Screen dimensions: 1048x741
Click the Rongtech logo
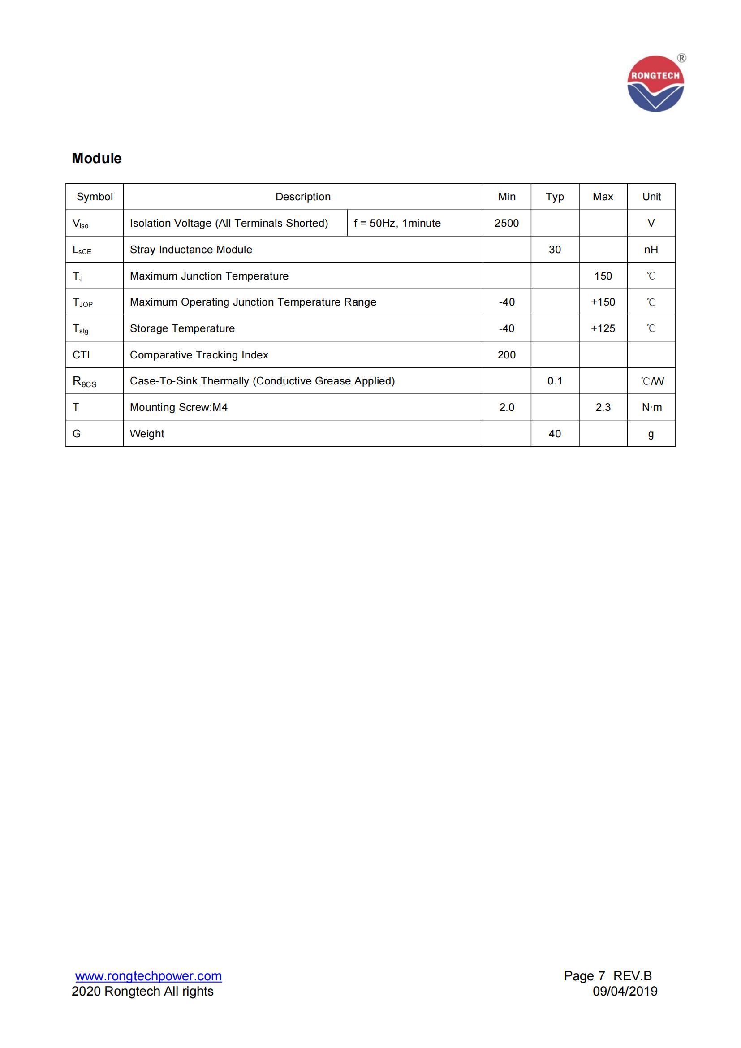655,83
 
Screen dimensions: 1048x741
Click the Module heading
97,158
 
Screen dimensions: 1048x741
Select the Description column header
303,197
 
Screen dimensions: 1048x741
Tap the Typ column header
555,197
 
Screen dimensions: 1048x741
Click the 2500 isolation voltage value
507,223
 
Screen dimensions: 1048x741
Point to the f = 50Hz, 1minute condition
397,223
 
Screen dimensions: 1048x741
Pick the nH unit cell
651,250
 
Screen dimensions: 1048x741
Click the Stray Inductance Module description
191,250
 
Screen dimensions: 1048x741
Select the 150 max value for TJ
603,276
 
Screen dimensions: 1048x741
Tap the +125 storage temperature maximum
603,328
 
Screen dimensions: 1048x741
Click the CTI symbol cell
81,355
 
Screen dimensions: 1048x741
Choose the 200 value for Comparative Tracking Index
507,355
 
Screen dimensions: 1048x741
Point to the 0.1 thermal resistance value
555,381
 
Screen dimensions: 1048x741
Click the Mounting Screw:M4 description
178,407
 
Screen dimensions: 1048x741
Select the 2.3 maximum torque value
603,407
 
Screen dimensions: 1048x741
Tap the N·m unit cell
651,407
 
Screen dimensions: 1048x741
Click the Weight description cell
147,434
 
